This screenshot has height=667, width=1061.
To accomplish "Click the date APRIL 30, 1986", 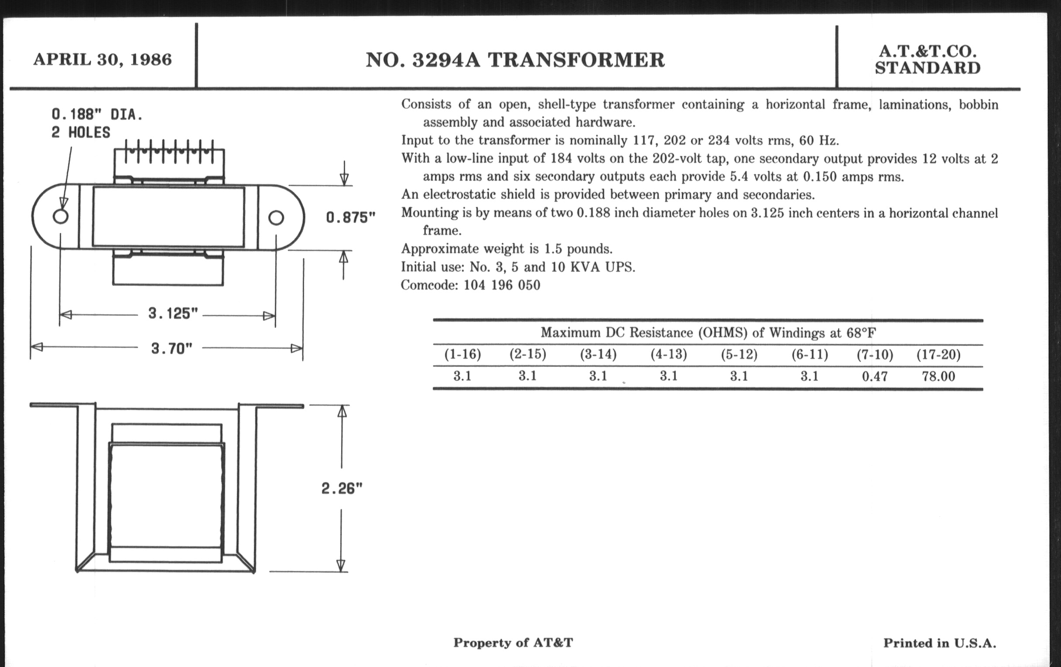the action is (x=103, y=59).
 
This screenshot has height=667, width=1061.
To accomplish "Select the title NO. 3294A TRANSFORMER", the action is (x=515, y=60).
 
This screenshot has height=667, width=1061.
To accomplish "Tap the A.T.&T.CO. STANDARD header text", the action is (x=928, y=60).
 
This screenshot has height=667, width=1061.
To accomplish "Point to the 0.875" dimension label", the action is (x=351, y=218).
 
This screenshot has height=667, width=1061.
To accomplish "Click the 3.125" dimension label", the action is (x=173, y=313).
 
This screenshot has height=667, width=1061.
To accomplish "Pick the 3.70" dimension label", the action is (x=172, y=349).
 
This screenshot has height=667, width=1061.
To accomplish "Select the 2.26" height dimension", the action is (x=342, y=488).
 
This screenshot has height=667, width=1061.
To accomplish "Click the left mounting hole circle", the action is (x=60, y=216).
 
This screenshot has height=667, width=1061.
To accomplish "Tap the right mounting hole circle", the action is (x=276, y=218).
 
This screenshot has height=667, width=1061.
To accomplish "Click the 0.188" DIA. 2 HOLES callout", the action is (x=97, y=123).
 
